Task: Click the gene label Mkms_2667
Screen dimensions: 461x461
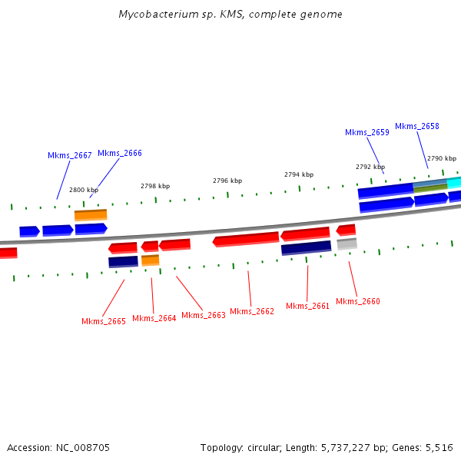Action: click(x=70, y=155)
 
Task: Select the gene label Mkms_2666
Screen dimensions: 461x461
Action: click(x=120, y=153)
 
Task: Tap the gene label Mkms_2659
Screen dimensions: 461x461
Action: click(x=367, y=132)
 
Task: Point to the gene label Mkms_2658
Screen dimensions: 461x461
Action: click(x=417, y=126)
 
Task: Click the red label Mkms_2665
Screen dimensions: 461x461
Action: click(x=104, y=321)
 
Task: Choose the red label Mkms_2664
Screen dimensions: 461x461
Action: click(x=154, y=318)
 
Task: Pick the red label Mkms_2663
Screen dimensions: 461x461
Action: click(x=204, y=315)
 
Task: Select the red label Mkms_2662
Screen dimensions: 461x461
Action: click(x=252, y=311)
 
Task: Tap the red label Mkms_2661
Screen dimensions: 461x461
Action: click(x=308, y=306)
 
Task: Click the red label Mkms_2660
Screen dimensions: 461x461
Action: click(x=358, y=301)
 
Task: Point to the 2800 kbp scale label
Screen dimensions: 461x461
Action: click(x=84, y=190)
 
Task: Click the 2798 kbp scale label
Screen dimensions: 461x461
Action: click(x=155, y=186)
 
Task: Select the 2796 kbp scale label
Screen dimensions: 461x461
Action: click(x=227, y=181)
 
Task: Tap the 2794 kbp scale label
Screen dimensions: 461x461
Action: click(x=299, y=174)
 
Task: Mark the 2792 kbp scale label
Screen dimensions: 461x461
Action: click(x=370, y=167)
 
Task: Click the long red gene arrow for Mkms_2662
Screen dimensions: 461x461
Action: click(x=246, y=240)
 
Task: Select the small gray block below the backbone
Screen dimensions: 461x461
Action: click(x=347, y=244)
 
